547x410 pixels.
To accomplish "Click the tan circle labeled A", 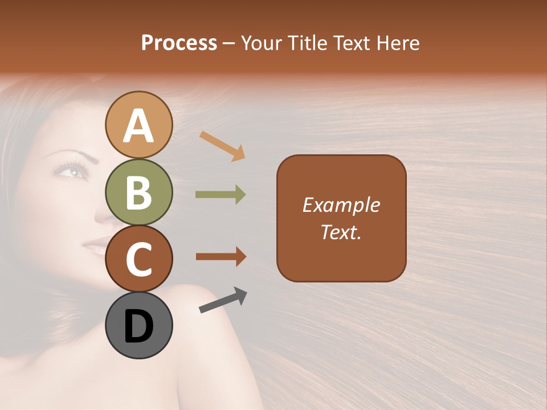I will tap(139, 125).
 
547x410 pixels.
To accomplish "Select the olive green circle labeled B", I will tap(139, 192).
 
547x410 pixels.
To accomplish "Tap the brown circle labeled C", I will tap(139, 259).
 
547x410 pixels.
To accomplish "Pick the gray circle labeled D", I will tap(139, 325).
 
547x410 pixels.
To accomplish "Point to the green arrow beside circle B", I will tap(221, 195).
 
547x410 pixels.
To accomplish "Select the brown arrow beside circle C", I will tap(221, 257).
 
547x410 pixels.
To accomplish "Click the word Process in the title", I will tap(179, 43).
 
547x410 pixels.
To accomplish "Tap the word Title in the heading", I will tap(305, 43).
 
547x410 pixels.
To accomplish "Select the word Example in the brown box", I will tap(341, 205).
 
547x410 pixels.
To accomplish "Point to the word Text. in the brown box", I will tap(341, 232).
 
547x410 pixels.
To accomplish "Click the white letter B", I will tap(139, 192).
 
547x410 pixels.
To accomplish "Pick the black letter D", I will tap(139, 326).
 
